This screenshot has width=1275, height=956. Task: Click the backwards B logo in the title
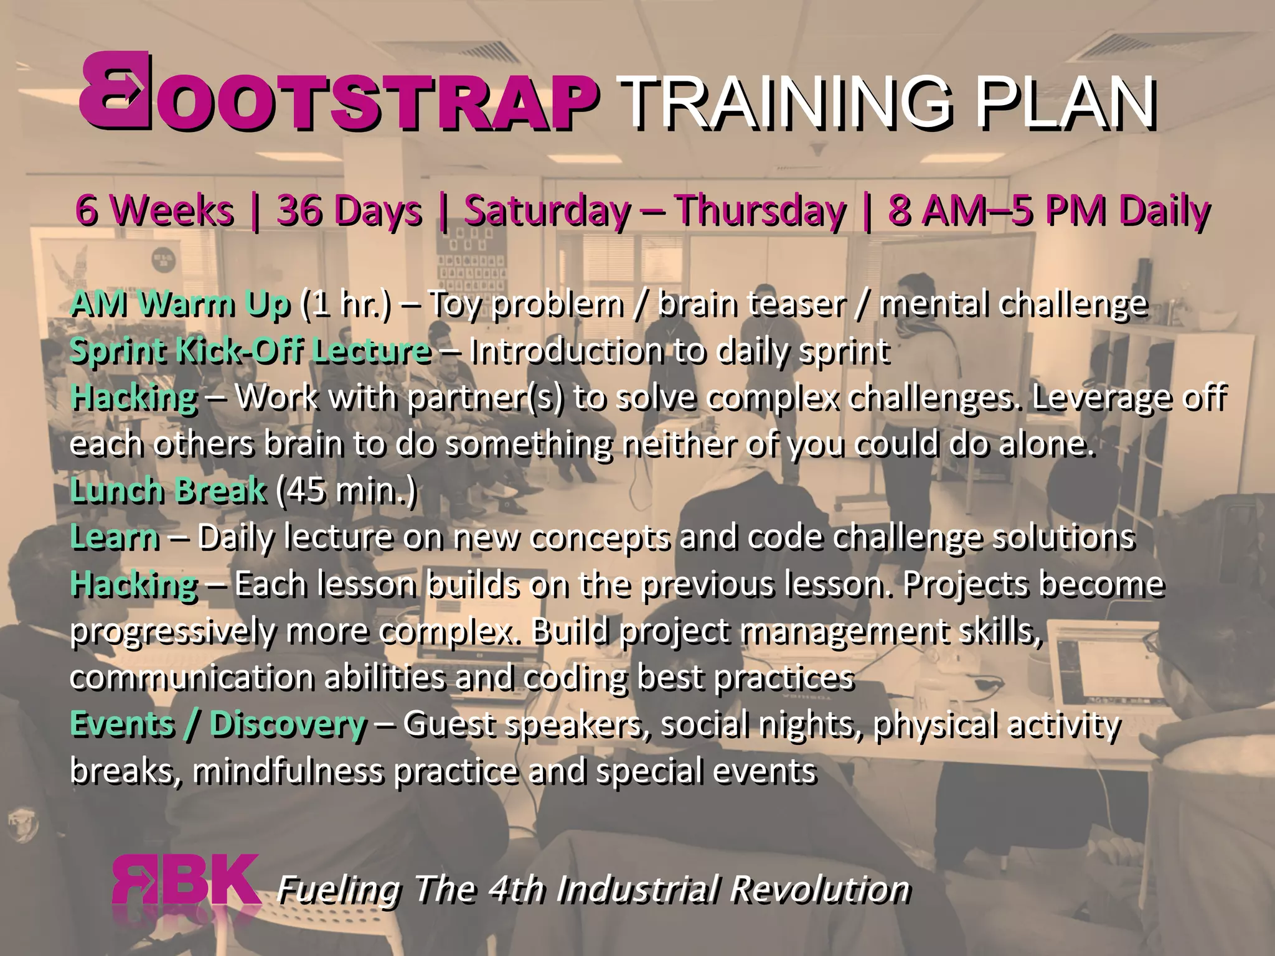pos(115,91)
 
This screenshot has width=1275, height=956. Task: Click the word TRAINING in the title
pos(786,101)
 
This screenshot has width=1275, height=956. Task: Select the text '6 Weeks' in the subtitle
pos(154,210)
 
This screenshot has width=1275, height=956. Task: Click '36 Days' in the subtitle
pos(349,210)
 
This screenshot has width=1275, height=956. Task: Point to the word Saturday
pos(548,210)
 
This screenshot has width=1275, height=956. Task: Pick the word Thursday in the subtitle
pos(761,210)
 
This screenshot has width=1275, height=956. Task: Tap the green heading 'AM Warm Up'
pos(181,304)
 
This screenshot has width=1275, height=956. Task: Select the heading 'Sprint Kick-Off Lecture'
pos(250,350)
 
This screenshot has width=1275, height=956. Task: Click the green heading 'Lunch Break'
pos(168,490)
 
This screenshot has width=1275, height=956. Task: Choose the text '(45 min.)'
pos(346,490)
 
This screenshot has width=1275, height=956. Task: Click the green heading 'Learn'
pos(115,537)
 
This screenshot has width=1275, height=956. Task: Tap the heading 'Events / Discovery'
pos(218,724)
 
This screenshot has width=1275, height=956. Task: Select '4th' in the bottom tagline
pos(516,889)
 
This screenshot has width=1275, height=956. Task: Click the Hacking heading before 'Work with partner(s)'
pos(134,397)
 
